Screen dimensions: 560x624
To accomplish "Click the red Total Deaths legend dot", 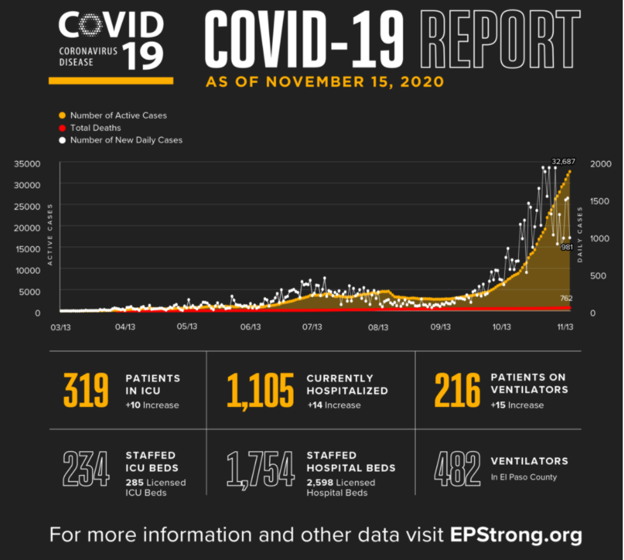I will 62,128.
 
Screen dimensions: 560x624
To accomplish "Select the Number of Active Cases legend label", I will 118,116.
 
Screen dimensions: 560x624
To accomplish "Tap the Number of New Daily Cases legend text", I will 126,140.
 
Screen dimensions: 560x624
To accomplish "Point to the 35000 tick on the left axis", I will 28,163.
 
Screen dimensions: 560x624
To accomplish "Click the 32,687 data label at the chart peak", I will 563,162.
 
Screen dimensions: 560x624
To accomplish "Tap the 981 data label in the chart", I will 566,246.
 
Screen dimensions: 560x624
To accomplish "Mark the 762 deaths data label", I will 566,298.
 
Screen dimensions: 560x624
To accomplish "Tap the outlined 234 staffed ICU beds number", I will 86,469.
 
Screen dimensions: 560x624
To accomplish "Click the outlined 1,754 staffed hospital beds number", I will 261,469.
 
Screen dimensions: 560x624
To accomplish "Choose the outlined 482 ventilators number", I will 457,469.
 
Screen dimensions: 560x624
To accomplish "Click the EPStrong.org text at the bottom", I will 516,534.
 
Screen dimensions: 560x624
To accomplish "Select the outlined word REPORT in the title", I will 502,40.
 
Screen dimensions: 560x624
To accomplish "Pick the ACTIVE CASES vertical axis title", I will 50,234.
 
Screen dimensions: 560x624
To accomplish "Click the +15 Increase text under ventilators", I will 517,405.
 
